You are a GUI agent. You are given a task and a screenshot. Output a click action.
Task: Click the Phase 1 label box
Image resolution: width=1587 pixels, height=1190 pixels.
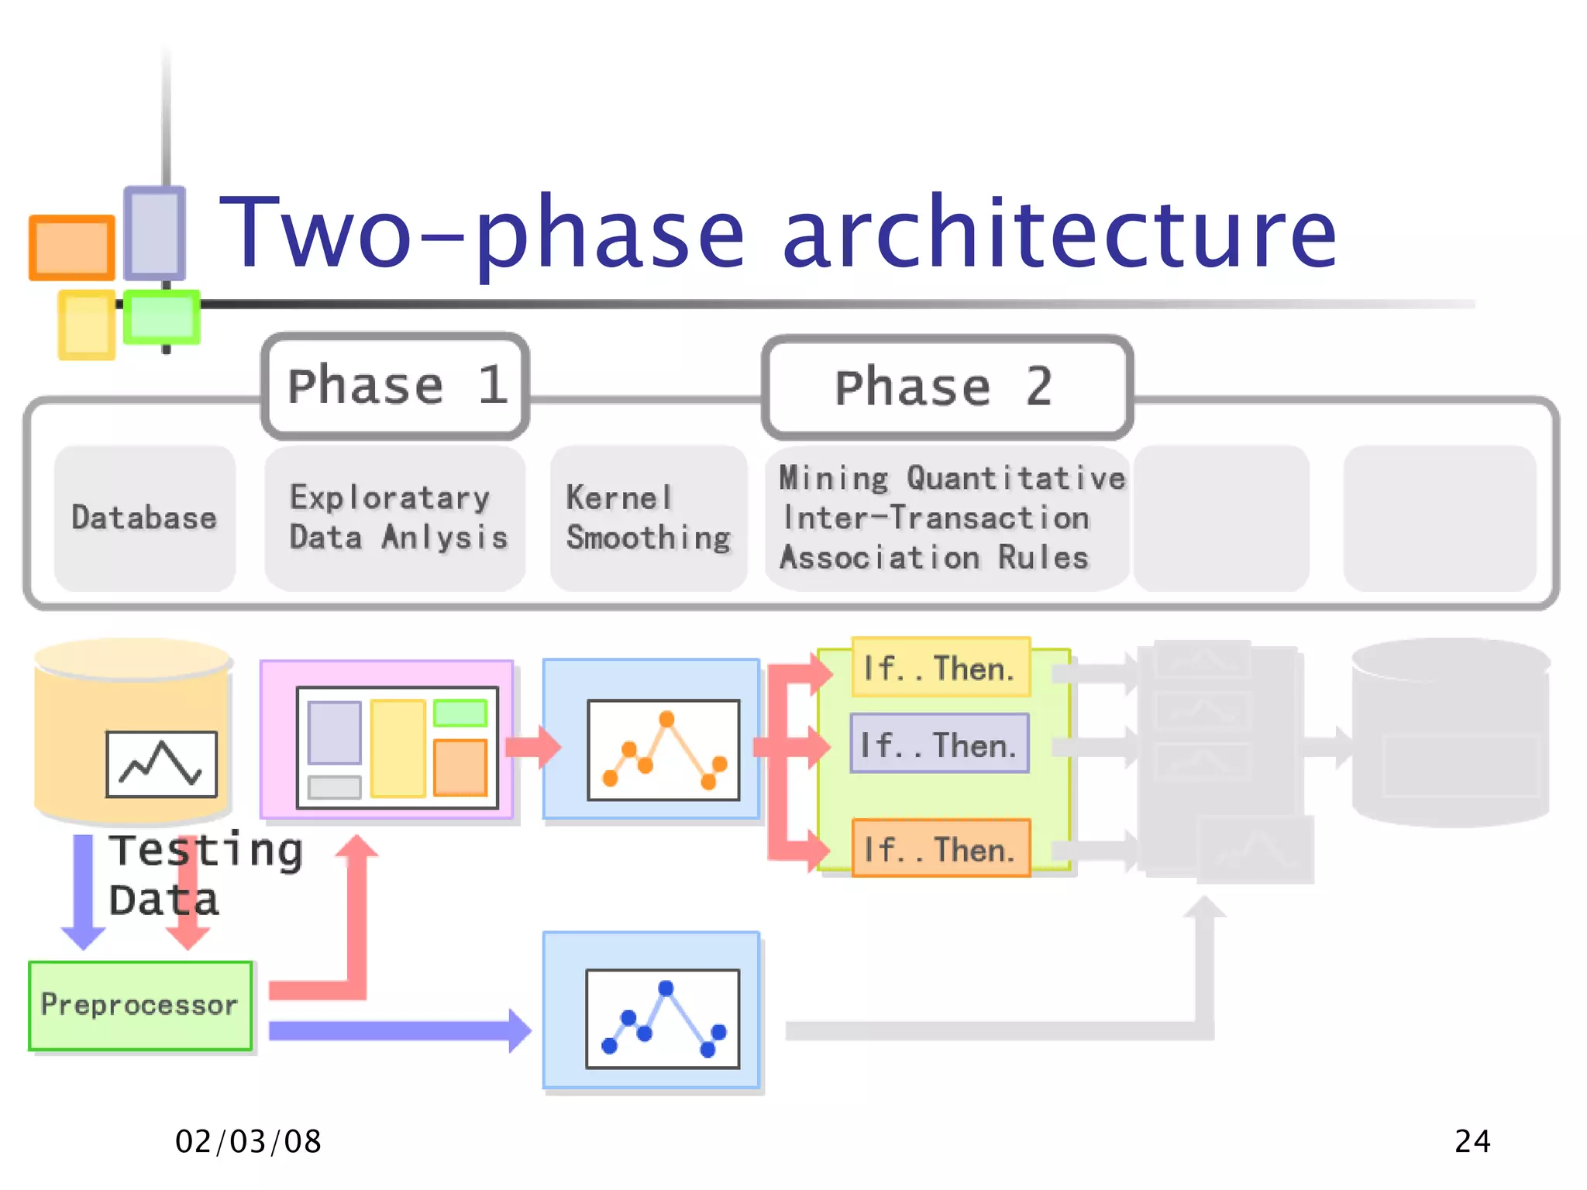point(396,386)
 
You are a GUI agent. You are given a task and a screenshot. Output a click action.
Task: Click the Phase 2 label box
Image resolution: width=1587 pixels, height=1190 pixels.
point(946,387)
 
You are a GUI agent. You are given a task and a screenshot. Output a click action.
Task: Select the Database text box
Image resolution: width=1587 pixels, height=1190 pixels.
point(145,518)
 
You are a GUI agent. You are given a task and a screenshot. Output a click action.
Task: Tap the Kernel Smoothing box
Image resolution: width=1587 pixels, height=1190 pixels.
point(649,518)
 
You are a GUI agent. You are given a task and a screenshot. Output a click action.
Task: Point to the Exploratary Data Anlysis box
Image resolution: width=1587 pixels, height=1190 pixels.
point(395,518)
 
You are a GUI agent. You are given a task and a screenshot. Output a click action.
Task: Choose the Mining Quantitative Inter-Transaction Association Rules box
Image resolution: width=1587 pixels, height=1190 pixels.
point(947,518)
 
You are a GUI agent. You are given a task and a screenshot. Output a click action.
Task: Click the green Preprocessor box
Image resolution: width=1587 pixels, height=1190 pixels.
point(140,1005)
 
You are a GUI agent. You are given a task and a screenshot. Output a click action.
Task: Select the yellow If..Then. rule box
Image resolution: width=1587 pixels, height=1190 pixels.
point(940,667)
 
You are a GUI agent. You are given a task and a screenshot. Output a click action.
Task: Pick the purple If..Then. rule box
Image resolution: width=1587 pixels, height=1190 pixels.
point(939,744)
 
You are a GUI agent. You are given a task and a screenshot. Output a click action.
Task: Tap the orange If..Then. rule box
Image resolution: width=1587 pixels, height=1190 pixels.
point(940,848)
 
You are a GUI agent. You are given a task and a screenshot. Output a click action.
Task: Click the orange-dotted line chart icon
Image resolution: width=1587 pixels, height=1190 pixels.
point(663,749)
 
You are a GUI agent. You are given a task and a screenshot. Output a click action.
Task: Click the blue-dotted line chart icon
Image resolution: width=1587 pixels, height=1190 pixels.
point(663,1019)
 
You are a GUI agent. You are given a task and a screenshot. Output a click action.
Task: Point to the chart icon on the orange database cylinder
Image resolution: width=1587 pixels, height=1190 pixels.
point(161,764)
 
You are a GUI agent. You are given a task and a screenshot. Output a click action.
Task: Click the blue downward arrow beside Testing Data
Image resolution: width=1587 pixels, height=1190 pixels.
point(83,891)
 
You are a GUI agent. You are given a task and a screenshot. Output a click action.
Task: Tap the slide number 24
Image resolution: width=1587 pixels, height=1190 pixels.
point(1472,1141)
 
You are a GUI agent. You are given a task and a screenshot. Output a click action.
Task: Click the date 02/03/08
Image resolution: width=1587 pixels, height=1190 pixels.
point(248,1141)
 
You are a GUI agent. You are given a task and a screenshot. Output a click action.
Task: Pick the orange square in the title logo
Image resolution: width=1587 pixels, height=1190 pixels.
point(71,247)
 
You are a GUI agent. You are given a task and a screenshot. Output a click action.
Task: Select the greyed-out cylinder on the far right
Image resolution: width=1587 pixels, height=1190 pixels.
point(1449,732)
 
